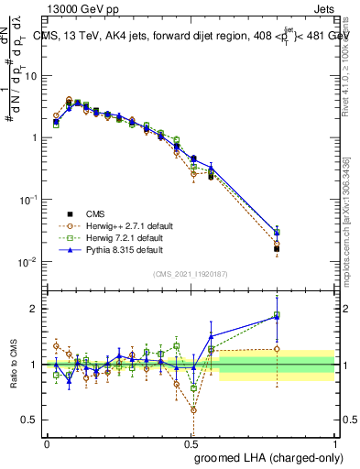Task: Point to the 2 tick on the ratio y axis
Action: point(33,309)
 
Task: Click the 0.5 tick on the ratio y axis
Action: point(30,420)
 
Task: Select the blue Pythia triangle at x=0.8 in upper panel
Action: point(277,232)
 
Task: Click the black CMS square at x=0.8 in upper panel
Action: point(277,248)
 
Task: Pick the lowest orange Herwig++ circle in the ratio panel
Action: point(193,409)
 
